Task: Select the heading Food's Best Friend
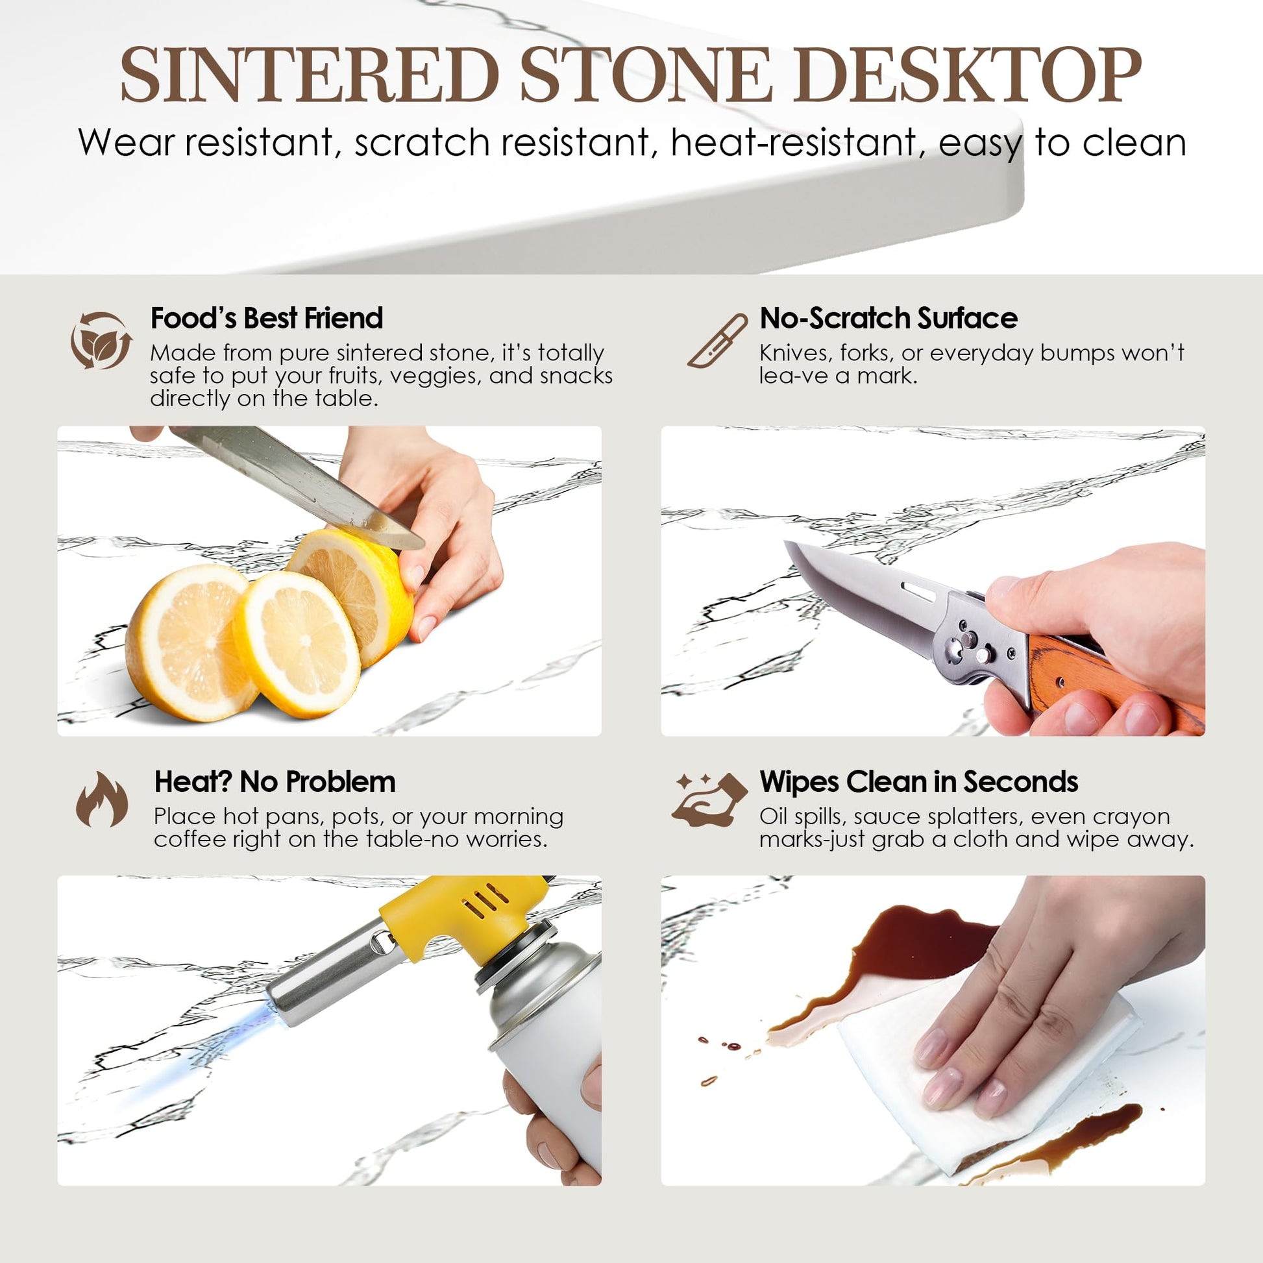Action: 267,319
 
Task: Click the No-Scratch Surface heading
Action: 889,319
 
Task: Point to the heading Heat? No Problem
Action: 275,782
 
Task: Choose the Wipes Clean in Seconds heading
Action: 918,782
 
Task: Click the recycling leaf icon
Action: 101,341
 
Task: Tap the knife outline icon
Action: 718,341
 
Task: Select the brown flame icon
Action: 102,799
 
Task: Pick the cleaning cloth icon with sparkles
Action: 710,799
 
